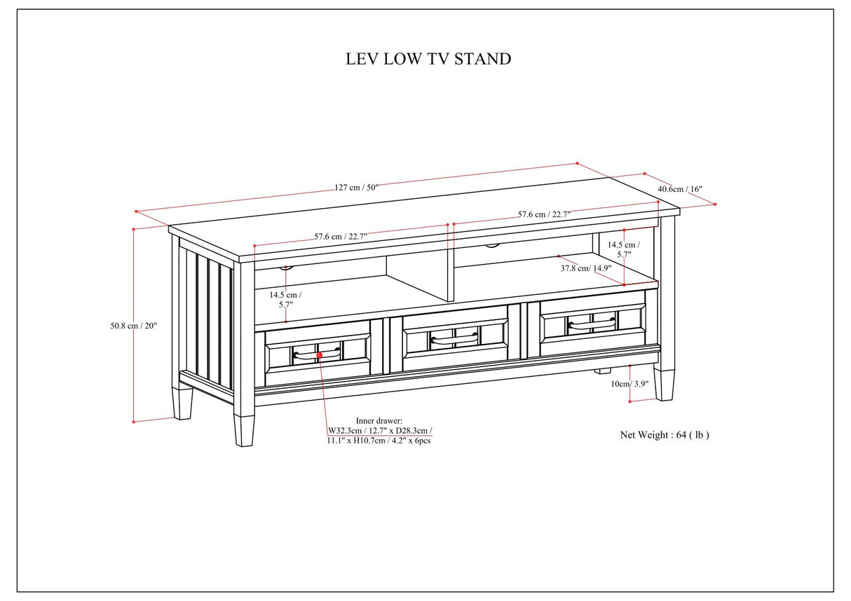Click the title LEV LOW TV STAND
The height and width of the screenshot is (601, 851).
(x=428, y=59)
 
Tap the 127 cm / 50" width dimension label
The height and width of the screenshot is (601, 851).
(x=356, y=187)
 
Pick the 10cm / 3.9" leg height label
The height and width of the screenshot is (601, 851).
(x=629, y=384)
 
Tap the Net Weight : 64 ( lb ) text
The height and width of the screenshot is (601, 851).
(x=665, y=435)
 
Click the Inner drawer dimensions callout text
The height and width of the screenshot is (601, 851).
(x=379, y=431)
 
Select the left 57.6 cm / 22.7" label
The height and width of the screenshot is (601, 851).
(x=340, y=237)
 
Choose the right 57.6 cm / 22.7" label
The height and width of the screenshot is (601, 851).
(x=544, y=214)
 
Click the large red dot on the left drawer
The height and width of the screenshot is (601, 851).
(x=320, y=356)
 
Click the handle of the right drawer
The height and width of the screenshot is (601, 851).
(x=592, y=324)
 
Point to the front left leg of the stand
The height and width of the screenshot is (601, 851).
(x=243, y=430)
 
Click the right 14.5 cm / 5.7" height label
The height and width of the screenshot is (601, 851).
(x=622, y=250)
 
